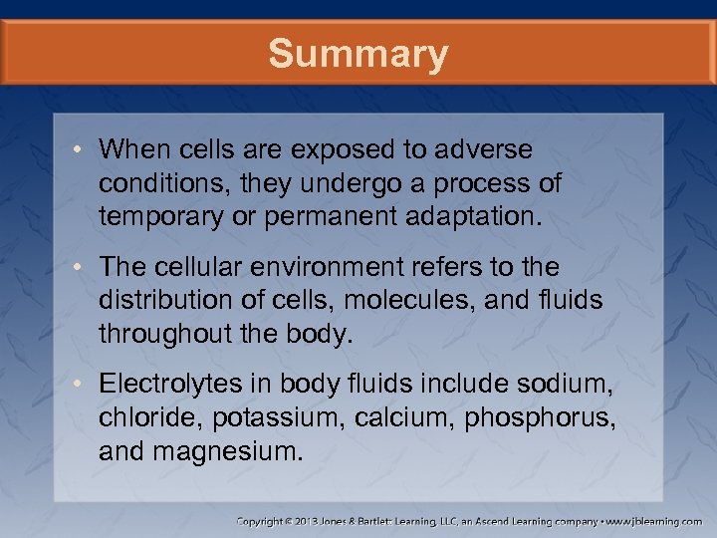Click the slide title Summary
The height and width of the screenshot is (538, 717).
pos(358,54)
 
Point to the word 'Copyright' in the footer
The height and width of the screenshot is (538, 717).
pos(258,521)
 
